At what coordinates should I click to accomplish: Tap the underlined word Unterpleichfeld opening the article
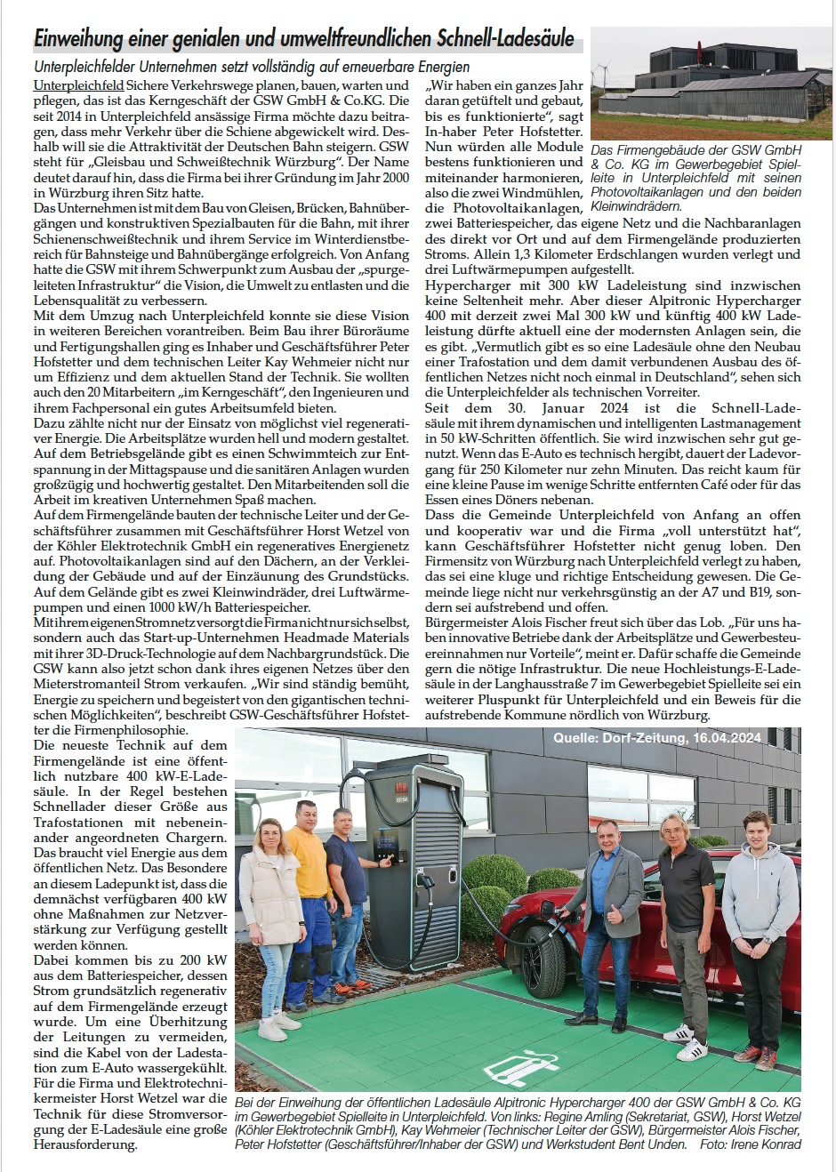(77, 86)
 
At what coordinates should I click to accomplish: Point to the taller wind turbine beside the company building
(602, 71)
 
